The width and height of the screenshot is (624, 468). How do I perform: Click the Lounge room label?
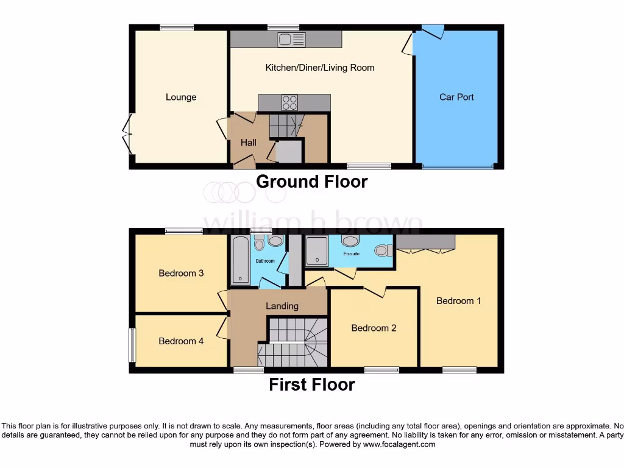pyautogui.click(x=181, y=97)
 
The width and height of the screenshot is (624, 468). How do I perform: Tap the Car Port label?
pyautogui.click(x=456, y=97)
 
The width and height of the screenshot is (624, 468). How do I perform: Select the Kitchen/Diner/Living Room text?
pyautogui.click(x=319, y=68)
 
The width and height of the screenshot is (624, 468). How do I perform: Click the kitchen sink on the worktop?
pyautogui.click(x=291, y=40)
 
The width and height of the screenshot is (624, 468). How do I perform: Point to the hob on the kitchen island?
pyautogui.click(x=289, y=102)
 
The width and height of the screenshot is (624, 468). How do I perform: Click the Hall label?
pyautogui.click(x=248, y=143)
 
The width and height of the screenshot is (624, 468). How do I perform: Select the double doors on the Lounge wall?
pyautogui.click(x=127, y=135)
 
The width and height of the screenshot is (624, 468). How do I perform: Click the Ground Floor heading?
pyautogui.click(x=311, y=182)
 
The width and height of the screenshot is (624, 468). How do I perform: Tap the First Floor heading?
pyautogui.click(x=311, y=385)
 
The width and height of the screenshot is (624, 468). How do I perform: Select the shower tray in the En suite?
pyautogui.click(x=316, y=252)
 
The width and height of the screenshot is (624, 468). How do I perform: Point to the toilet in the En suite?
pyautogui.click(x=382, y=250)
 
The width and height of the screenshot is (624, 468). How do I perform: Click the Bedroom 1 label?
pyautogui.click(x=458, y=301)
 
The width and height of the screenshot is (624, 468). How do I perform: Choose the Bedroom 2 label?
pyautogui.click(x=374, y=328)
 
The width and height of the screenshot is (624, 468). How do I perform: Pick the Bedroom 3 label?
pyautogui.click(x=181, y=273)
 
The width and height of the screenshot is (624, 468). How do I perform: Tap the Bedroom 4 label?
pyautogui.click(x=181, y=341)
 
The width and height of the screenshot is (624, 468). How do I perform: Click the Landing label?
pyautogui.click(x=282, y=306)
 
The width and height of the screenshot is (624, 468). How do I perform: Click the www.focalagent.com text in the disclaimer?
pyautogui.click(x=399, y=444)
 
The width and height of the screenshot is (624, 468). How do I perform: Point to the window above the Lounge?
pyautogui.click(x=177, y=27)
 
